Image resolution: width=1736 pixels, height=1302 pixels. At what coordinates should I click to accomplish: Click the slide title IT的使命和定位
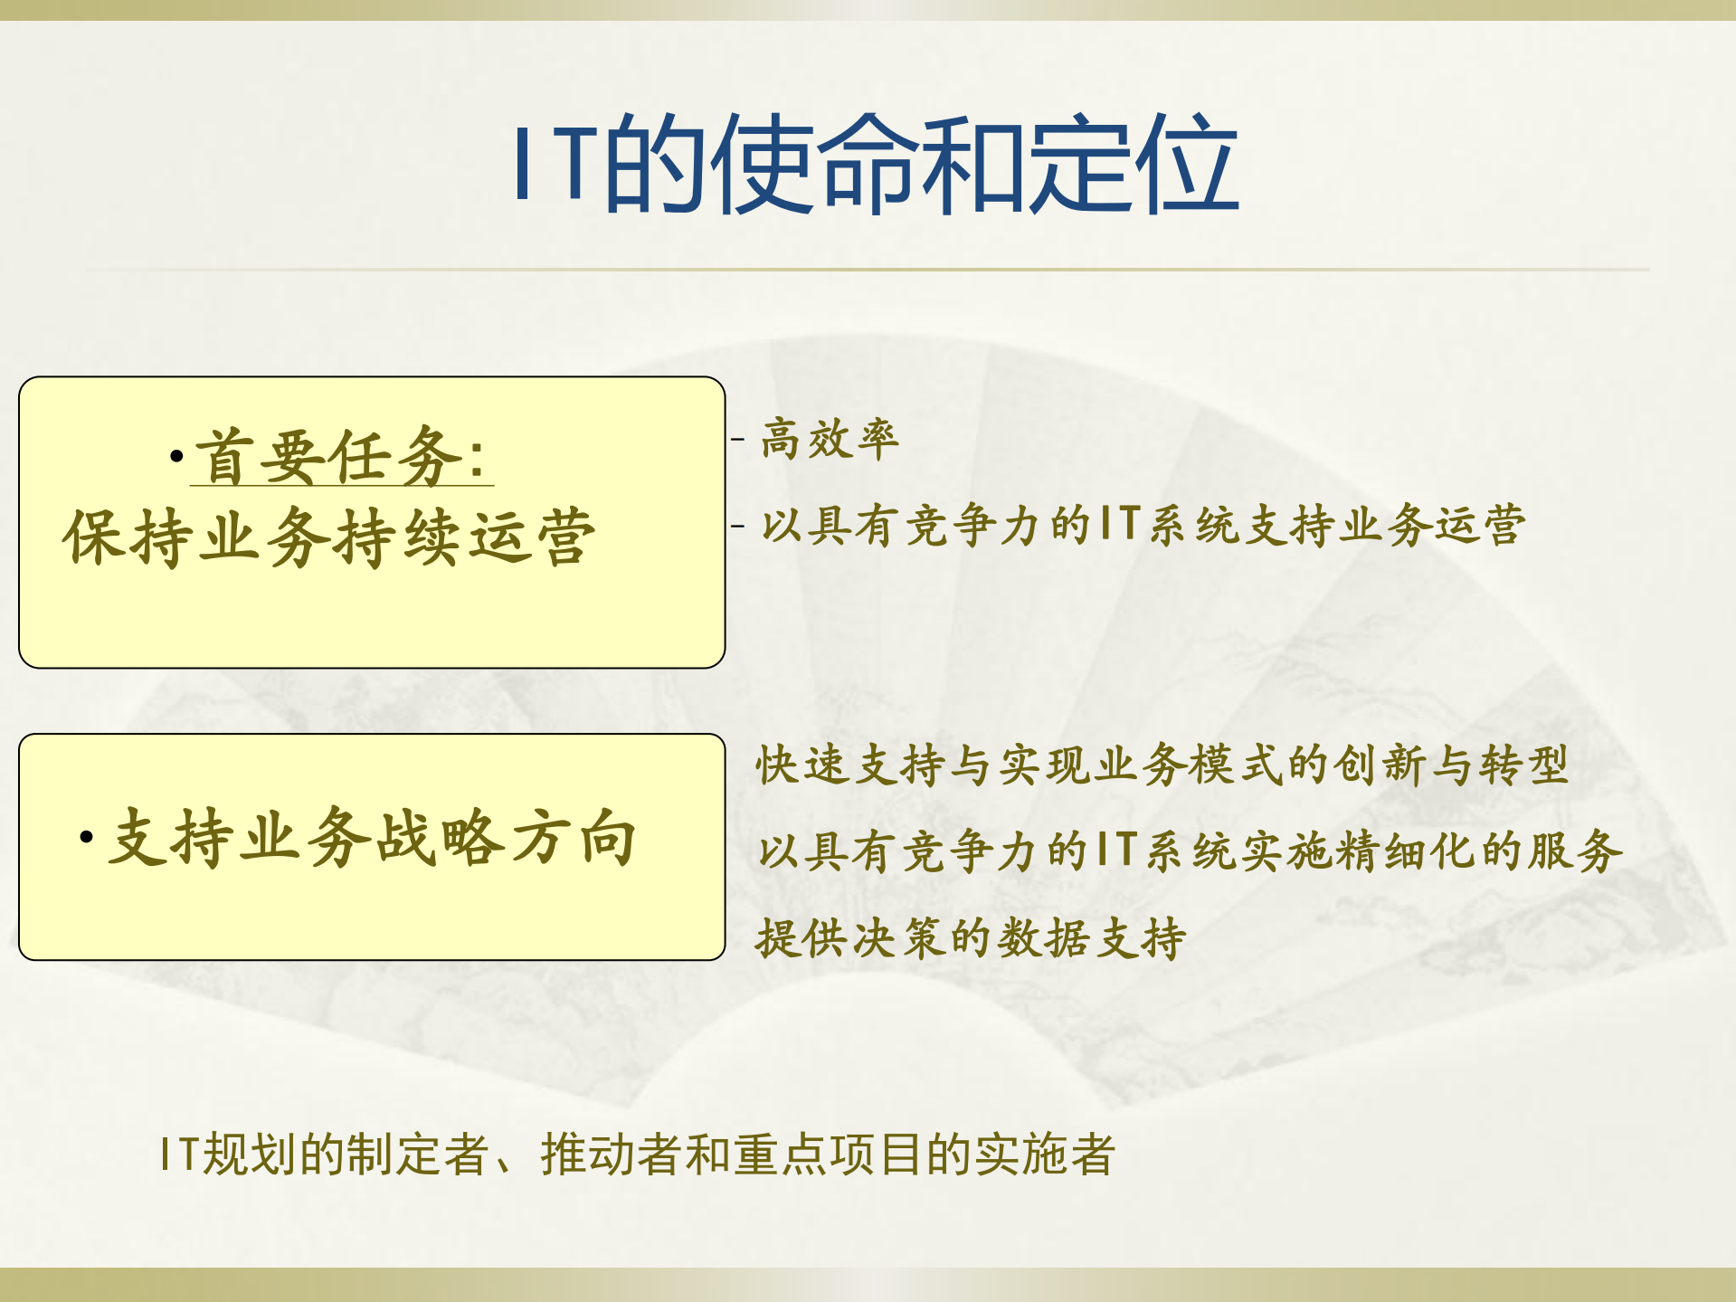(x=874, y=165)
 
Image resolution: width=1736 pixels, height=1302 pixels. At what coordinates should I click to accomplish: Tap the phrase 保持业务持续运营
(x=329, y=537)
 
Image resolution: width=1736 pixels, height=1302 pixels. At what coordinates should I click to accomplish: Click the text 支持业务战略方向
(x=372, y=839)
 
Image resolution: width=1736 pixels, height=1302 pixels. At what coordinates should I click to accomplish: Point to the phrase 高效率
(x=830, y=440)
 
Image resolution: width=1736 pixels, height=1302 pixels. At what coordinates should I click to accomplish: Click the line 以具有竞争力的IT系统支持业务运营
(x=1143, y=526)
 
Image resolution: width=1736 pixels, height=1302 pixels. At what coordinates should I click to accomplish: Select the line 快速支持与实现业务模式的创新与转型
(x=1162, y=765)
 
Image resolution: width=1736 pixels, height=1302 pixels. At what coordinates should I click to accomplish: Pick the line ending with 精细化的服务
(x=1190, y=851)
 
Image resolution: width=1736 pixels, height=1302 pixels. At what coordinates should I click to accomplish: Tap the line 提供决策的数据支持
(x=971, y=937)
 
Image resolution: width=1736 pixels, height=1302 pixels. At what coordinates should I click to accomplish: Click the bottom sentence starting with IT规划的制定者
(x=637, y=1155)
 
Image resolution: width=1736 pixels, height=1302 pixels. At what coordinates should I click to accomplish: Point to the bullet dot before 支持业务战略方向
(x=87, y=838)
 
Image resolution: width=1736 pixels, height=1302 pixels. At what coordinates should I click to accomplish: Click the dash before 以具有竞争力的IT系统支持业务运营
(x=738, y=526)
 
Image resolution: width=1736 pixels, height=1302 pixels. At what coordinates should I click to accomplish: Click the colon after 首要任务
(x=478, y=459)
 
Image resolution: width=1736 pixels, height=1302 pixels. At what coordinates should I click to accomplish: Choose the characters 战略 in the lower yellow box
(x=440, y=839)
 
